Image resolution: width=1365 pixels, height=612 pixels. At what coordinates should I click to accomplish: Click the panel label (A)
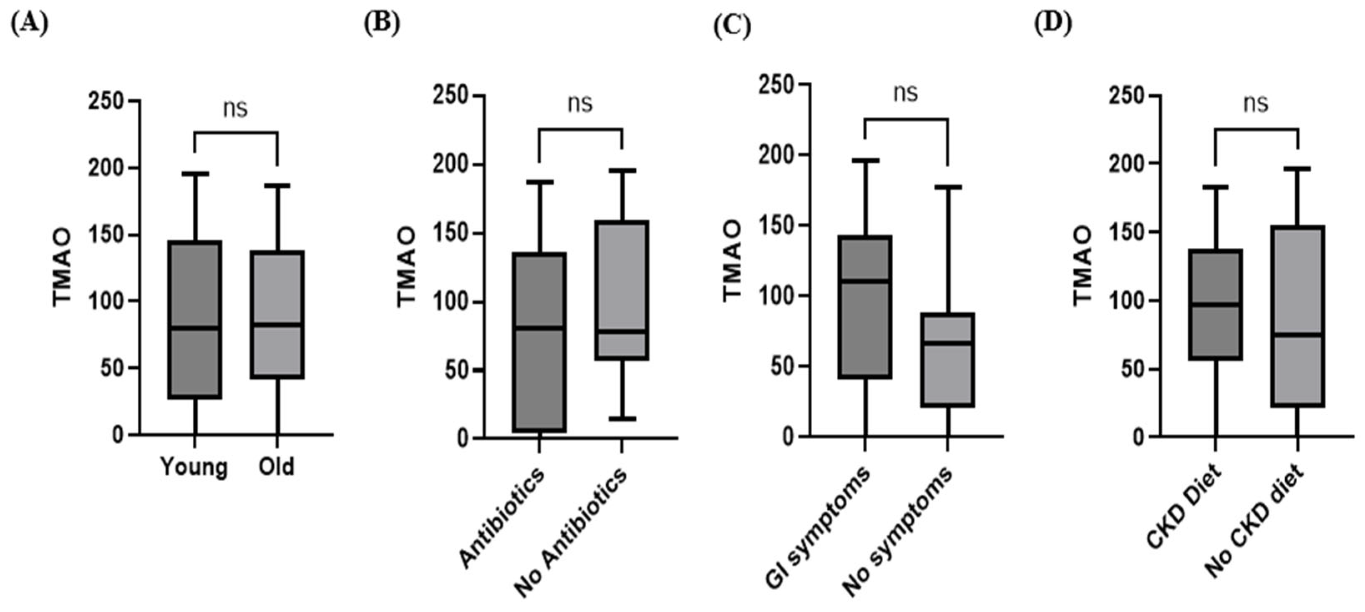[29, 24]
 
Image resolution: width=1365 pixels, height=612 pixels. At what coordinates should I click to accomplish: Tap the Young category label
[194, 467]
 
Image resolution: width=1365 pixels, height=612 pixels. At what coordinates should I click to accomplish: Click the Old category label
[276, 466]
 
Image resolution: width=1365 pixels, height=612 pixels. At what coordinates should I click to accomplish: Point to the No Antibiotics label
[570, 532]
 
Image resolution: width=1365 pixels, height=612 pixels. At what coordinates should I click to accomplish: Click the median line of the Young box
[194, 328]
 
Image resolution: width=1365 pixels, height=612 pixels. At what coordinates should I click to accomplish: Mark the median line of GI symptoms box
[865, 281]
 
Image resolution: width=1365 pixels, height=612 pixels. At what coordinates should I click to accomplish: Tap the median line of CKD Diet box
[1215, 305]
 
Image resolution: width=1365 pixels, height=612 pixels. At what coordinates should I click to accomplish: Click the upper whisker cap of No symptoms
[947, 187]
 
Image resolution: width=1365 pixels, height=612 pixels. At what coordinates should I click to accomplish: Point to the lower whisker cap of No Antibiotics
[622, 418]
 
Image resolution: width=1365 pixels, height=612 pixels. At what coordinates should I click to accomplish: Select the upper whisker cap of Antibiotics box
[539, 182]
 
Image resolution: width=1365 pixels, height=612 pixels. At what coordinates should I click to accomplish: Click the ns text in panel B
[580, 103]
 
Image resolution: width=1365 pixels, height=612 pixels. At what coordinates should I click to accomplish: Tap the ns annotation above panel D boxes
[1256, 103]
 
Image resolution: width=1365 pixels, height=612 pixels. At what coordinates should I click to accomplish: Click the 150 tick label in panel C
[777, 225]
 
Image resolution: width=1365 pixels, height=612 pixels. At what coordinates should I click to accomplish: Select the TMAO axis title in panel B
[406, 267]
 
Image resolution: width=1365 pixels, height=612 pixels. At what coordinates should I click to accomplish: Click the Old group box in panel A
[277, 315]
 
